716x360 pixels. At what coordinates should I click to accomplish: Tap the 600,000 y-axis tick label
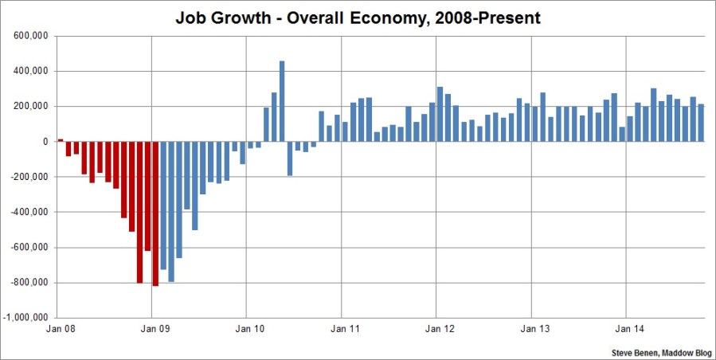point(30,36)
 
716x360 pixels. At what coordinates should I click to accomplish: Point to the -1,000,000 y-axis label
point(26,318)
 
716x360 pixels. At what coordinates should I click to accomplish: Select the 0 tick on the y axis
point(47,142)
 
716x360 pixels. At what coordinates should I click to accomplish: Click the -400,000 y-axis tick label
point(29,212)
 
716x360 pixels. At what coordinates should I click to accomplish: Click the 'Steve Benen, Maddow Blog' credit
point(661,350)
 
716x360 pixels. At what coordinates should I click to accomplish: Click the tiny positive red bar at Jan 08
point(61,140)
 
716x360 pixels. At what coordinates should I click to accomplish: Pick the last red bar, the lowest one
point(155,213)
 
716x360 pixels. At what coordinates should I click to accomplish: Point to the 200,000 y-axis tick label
point(30,107)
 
